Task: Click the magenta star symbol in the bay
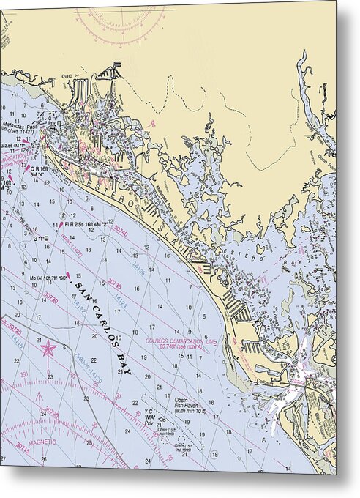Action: (x=48, y=348)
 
